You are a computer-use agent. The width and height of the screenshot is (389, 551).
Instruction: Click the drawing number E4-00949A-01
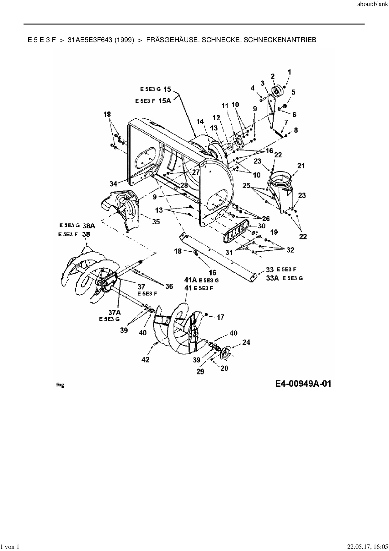(x=303, y=384)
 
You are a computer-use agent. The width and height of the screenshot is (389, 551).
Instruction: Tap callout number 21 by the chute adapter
(x=301, y=166)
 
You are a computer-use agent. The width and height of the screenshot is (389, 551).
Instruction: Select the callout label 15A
(x=165, y=101)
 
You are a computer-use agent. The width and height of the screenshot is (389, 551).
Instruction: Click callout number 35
(x=156, y=221)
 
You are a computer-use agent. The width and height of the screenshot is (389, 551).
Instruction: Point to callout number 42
(x=146, y=360)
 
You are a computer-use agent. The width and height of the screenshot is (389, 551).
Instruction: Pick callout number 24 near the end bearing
(x=246, y=342)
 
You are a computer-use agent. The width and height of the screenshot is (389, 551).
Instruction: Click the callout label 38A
(x=89, y=226)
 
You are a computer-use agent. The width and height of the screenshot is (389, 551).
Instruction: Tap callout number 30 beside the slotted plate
(x=262, y=226)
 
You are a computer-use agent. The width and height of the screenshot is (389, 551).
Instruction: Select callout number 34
(x=113, y=183)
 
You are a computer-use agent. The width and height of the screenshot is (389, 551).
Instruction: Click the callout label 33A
(x=272, y=278)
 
